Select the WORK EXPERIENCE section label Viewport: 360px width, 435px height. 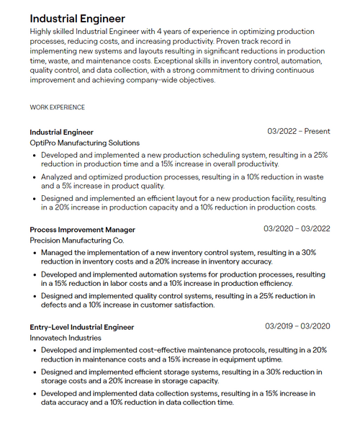[57, 107]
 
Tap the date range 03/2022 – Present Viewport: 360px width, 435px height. [298, 132]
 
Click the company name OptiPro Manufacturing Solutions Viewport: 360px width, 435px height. [84, 143]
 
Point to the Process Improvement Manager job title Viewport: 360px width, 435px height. [82, 230]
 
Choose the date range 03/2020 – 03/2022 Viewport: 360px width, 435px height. [297, 229]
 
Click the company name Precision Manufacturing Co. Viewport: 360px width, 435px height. [76, 241]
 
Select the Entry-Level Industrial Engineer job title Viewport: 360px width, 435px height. [81, 327]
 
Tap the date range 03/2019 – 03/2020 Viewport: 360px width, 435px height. [297, 326]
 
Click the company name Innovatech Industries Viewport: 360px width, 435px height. [66, 338]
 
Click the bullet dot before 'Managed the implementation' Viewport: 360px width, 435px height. [35, 253]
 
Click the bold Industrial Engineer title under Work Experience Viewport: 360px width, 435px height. [61, 132]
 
